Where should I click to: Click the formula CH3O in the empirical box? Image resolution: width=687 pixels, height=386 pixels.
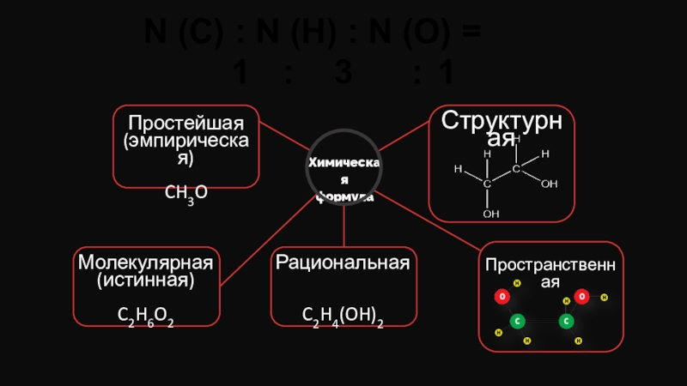185,196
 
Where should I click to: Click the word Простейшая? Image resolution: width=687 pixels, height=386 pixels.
186,121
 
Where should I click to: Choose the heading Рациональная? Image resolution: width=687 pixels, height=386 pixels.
343,261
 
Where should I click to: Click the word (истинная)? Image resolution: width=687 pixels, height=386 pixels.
145,279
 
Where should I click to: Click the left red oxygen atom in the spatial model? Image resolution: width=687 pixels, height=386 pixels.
501,297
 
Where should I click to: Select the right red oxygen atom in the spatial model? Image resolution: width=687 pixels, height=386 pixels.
581,297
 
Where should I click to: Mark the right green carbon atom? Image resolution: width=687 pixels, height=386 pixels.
566,322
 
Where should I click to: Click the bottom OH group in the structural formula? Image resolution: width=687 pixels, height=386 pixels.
491,213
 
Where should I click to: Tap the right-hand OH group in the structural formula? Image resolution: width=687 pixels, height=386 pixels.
550,184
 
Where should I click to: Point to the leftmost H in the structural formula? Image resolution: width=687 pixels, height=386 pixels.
458,170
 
